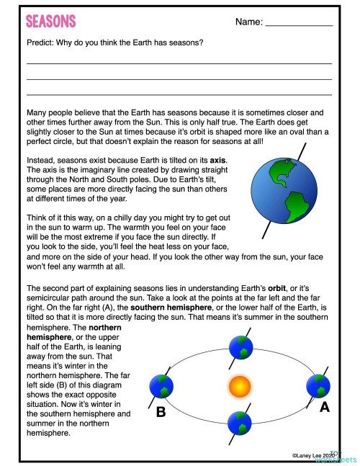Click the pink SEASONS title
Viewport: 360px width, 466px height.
tap(50, 22)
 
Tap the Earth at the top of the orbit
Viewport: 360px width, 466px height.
tap(241, 347)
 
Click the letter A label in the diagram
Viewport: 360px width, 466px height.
tap(324, 407)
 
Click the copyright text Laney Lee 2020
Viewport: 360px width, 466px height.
tap(315, 455)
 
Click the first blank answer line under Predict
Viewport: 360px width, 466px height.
tap(179, 63)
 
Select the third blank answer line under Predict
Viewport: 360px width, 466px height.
tap(179, 94)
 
